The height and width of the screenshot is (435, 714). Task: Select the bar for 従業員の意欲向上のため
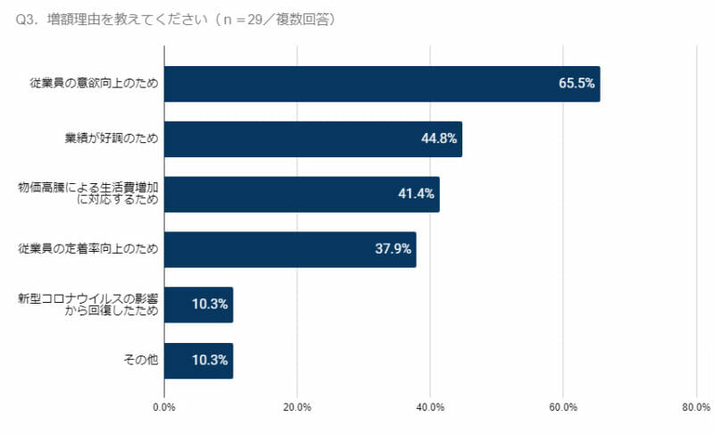(382, 84)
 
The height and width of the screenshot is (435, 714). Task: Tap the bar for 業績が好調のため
(312, 139)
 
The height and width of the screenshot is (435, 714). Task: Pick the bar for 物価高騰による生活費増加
(302, 194)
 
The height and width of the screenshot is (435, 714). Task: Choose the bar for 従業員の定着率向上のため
(290, 249)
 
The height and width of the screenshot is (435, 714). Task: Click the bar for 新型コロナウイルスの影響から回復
(198, 305)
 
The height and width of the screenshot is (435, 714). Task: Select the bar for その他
(198, 360)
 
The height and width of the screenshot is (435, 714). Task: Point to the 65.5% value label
(577, 84)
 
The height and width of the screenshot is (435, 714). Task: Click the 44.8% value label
(439, 139)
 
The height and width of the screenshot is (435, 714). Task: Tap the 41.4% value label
(416, 194)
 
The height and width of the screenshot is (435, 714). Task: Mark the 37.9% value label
(393, 249)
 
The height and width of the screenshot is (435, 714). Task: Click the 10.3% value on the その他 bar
(210, 360)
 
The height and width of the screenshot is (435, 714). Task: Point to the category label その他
(140, 360)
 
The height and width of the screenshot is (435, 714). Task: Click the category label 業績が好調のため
(112, 139)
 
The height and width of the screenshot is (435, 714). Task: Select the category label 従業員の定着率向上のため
(88, 249)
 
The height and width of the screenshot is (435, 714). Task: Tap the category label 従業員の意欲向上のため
(88, 84)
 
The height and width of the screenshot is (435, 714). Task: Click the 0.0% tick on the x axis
(164, 407)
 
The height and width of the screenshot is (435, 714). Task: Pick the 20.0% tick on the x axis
(297, 407)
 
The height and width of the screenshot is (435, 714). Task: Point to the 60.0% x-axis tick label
(563, 407)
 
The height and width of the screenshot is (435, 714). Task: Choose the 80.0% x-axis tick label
(695, 407)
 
